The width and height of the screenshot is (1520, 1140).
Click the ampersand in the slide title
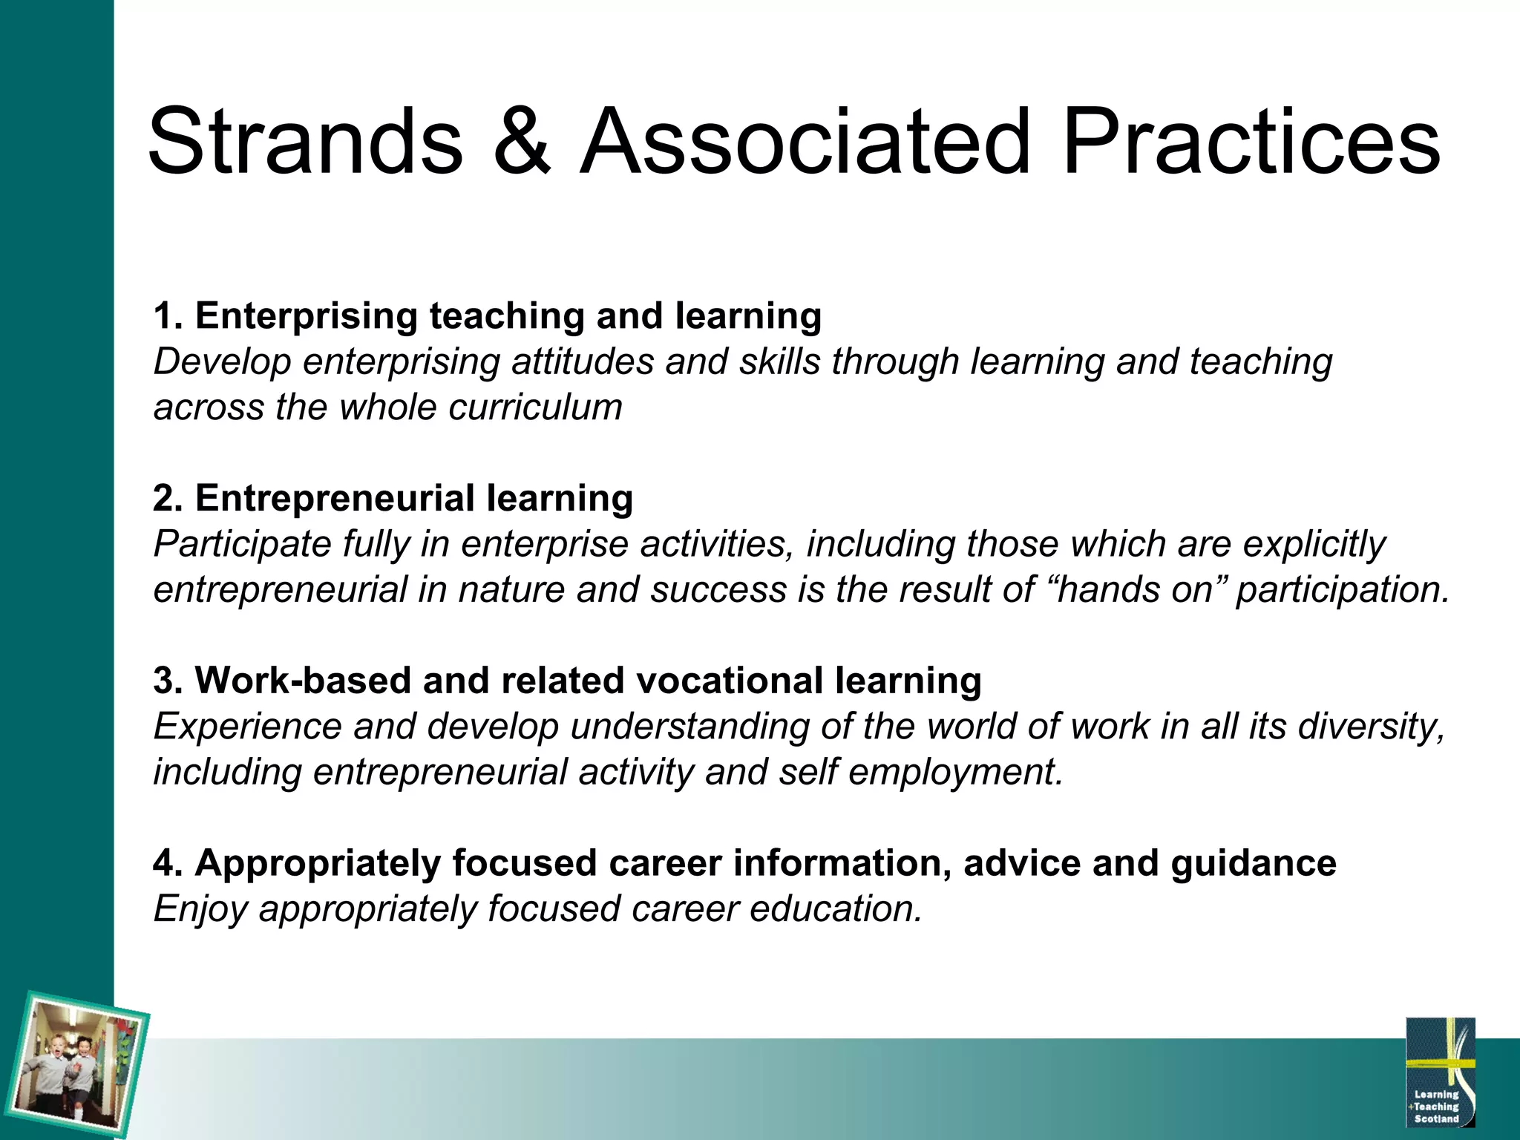pos(522,142)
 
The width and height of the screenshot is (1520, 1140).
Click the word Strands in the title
pos(305,142)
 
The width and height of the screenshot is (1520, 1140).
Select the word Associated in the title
pos(805,142)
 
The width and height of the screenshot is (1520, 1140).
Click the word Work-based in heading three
pos(303,681)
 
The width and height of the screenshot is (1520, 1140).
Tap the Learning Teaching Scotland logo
pos(1440,1072)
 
